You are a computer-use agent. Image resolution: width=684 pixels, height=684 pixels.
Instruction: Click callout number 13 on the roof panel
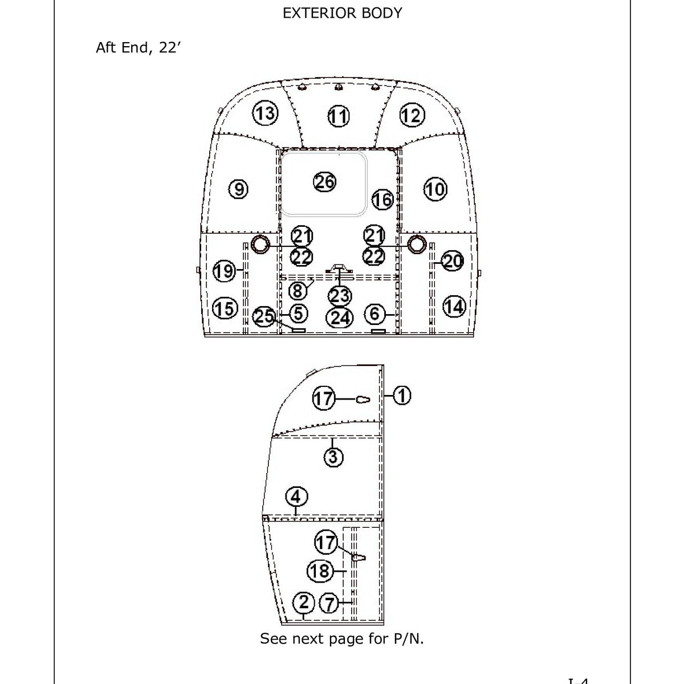(x=264, y=113)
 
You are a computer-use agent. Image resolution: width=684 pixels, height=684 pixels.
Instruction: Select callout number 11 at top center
(x=338, y=117)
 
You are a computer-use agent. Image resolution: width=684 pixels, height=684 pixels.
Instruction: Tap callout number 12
(x=411, y=115)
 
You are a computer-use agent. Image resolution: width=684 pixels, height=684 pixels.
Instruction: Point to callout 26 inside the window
(x=325, y=182)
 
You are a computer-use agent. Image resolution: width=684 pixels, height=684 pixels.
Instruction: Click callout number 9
(x=238, y=189)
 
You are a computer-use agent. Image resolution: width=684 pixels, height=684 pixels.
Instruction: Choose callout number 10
(x=435, y=189)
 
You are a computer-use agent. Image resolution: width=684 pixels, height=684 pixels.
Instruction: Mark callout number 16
(x=382, y=199)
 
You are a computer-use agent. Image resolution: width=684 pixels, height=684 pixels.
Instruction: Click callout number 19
(x=224, y=271)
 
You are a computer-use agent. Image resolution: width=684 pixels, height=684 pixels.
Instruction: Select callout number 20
(x=453, y=262)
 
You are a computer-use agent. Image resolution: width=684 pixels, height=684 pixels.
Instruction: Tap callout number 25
(x=264, y=316)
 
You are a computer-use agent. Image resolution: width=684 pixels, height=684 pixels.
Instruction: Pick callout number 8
(x=298, y=291)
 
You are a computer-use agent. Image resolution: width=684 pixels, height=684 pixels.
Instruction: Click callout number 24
(x=340, y=317)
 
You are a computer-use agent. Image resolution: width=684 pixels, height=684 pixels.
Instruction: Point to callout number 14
(x=454, y=307)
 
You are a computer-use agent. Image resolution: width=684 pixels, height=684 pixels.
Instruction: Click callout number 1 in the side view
(x=402, y=395)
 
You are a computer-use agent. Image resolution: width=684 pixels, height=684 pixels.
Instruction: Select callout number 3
(x=333, y=457)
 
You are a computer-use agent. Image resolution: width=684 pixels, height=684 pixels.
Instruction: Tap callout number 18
(x=320, y=571)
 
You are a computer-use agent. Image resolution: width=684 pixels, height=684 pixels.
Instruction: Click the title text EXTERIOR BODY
(x=342, y=13)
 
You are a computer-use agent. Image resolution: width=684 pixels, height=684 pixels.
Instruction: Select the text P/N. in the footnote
(x=409, y=638)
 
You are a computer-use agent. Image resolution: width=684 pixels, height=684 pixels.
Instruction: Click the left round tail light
(x=260, y=244)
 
